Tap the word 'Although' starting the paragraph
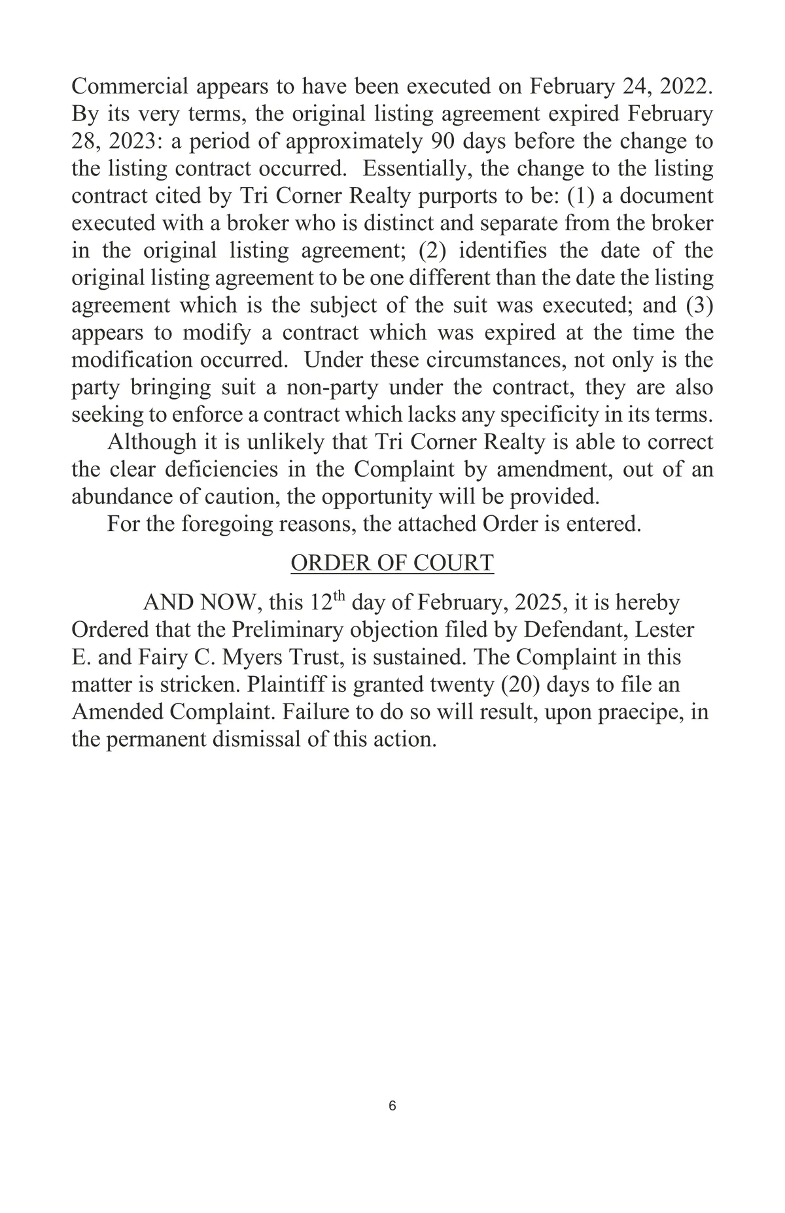tap(152, 443)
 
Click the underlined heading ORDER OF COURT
tap(392, 563)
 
